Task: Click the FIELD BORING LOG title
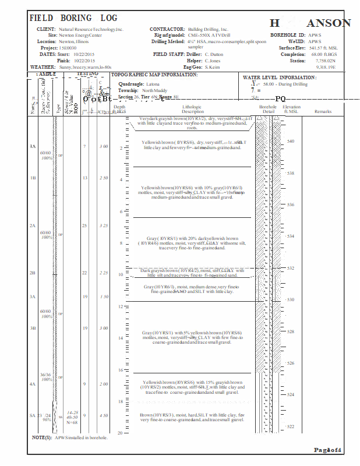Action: [73, 19]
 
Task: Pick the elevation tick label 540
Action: [291, 142]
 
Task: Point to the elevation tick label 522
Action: [291, 427]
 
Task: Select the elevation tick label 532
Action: [291, 269]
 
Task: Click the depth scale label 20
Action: [119, 433]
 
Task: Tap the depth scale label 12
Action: [119, 306]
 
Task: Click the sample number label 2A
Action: [33, 225]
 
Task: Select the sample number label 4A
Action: [33, 384]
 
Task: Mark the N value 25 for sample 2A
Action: [84, 225]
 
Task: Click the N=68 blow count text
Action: [72, 422]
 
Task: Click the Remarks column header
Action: [323, 111]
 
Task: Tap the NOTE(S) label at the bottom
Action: [42, 437]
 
